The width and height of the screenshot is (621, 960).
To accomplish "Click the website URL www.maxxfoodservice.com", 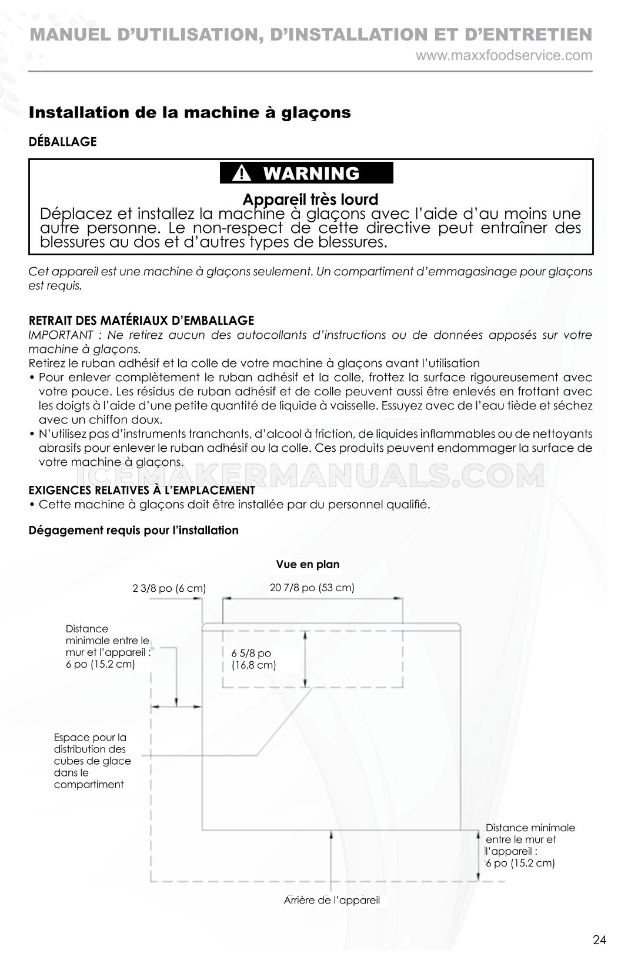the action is click(x=504, y=56).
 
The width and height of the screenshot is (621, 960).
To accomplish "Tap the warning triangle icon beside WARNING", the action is click(x=242, y=174).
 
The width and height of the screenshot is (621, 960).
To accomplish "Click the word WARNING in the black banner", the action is click(x=311, y=174).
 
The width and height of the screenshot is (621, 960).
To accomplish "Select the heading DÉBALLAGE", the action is click(x=62, y=142).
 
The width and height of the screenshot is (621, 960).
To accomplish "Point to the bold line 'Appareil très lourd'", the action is click(x=310, y=199).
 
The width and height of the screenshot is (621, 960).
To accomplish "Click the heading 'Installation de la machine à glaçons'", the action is click(x=189, y=112).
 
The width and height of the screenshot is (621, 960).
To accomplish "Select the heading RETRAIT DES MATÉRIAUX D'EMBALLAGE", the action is click(x=141, y=321).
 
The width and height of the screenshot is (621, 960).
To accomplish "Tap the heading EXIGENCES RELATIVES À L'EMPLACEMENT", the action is click(x=142, y=490).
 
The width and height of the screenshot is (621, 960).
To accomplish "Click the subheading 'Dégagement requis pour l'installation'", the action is click(x=133, y=531).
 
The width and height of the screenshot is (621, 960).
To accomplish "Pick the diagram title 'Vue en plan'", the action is click(x=308, y=565).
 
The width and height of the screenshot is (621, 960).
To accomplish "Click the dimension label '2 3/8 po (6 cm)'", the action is click(x=169, y=588).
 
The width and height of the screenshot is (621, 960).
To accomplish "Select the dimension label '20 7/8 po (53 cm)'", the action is click(x=312, y=588).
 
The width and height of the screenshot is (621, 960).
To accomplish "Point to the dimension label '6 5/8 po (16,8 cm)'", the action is click(x=253, y=659).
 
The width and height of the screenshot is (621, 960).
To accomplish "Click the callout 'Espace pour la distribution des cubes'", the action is click(x=92, y=761).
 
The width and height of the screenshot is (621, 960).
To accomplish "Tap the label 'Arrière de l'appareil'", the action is click(x=332, y=900).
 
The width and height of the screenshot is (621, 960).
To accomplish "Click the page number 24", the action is click(x=599, y=940).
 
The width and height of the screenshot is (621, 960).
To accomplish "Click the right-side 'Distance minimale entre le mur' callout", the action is click(x=529, y=845).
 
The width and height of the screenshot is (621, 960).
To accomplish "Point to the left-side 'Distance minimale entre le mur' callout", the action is click(x=108, y=646).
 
